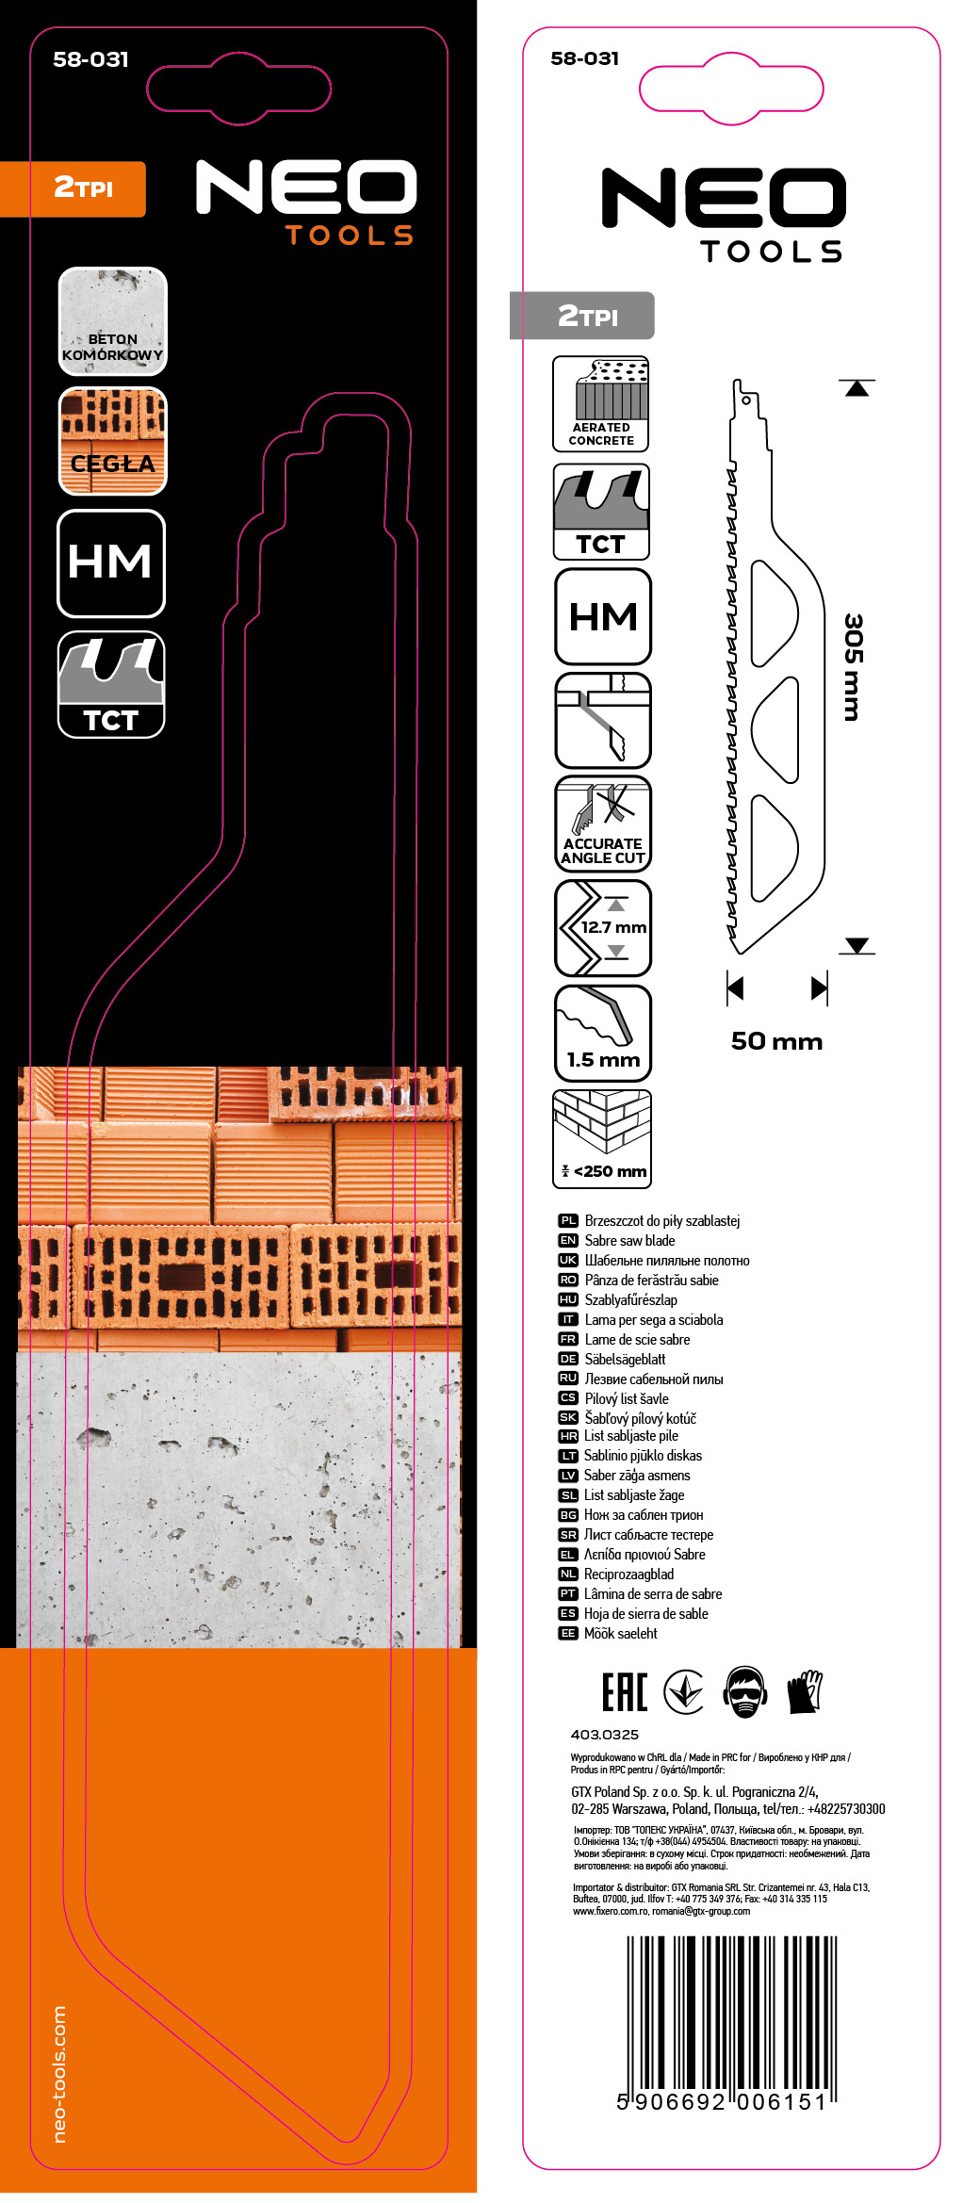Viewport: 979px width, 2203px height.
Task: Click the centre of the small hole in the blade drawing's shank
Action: point(746,400)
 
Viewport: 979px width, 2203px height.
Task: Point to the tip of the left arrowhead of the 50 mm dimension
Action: point(728,987)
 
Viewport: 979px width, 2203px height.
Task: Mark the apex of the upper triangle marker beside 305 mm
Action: point(857,382)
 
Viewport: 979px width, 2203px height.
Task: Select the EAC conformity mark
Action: point(625,1692)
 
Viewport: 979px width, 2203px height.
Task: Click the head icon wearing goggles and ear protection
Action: point(746,1692)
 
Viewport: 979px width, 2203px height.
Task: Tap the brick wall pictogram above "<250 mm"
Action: point(603,1123)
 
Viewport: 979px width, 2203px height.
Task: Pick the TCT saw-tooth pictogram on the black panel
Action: point(111,684)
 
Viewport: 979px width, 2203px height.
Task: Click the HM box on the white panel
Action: point(603,616)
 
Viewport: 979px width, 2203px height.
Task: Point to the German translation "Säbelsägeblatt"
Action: point(625,1359)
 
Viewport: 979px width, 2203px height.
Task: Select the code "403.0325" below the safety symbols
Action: point(604,1735)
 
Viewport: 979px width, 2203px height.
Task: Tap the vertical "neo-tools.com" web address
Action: point(59,2072)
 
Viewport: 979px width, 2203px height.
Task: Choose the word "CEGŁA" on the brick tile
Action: point(112,464)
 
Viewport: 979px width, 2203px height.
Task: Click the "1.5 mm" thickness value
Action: point(603,1060)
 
